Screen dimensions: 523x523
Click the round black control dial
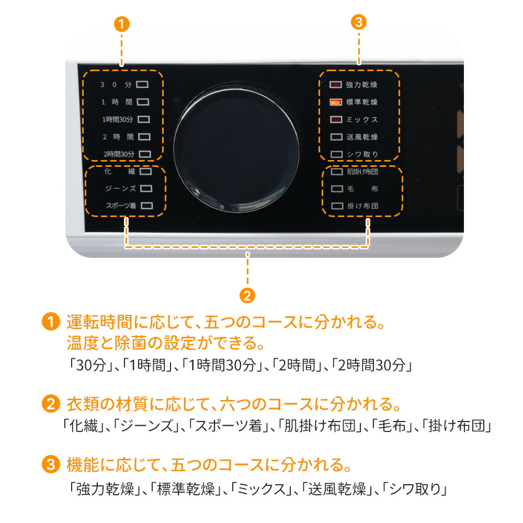pos(236,147)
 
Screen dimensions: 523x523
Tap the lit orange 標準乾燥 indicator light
pos(336,102)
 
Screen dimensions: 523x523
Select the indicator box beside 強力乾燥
pos(336,85)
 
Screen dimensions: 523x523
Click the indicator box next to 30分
pos(142,84)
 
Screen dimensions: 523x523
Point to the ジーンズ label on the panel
pos(120,188)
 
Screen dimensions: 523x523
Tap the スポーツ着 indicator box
pos(147,206)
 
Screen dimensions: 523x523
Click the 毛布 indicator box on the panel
pos(337,189)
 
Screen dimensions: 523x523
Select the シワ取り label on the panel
pos(362,154)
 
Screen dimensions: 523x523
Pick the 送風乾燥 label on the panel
pos(362,137)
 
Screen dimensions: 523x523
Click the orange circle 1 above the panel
pos(121,24)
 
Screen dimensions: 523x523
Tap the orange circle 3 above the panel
pos(359,22)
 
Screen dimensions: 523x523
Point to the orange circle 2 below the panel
pos(247,295)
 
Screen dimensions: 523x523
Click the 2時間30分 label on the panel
pos(119,154)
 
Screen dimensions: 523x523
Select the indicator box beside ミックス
pos(336,119)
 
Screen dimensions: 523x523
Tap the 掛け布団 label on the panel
pos(362,206)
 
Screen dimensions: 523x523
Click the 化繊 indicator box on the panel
pos(146,171)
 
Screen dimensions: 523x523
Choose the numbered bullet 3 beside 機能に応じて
pos(51,464)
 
